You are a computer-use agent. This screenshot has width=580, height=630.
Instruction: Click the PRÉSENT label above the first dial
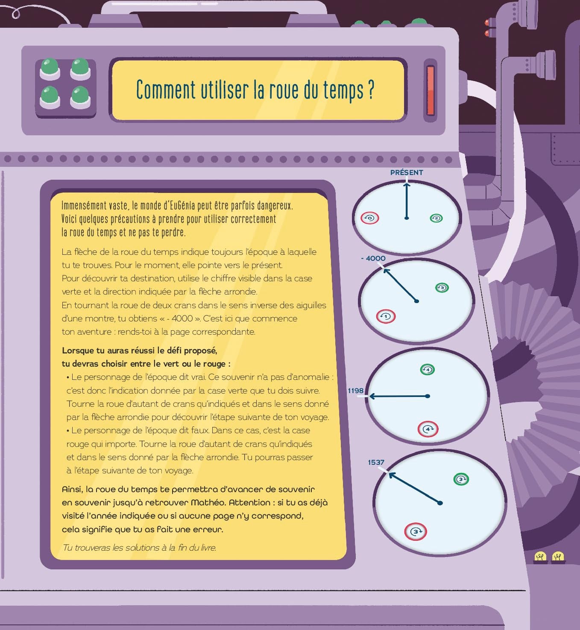pyautogui.click(x=407, y=172)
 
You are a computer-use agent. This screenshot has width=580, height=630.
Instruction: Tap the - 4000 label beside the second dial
pyautogui.click(x=373, y=258)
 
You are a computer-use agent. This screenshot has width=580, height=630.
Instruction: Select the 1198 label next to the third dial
pyautogui.click(x=355, y=391)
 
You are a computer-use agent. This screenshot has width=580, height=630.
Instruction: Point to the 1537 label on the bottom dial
pyautogui.click(x=376, y=462)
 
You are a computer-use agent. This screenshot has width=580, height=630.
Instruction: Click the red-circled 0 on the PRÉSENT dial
pyautogui.click(x=370, y=218)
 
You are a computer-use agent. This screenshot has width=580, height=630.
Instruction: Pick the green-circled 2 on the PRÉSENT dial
pyautogui.click(x=436, y=218)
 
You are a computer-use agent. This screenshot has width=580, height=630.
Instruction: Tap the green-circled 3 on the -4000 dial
pyautogui.click(x=442, y=287)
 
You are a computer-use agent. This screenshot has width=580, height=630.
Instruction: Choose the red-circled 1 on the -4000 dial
pyautogui.click(x=386, y=317)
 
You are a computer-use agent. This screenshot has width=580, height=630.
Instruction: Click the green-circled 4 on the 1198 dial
pyautogui.click(x=427, y=369)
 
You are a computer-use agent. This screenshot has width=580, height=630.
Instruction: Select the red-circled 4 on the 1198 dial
pyautogui.click(x=428, y=429)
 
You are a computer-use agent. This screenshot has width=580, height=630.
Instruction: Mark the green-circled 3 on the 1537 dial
pyautogui.click(x=461, y=479)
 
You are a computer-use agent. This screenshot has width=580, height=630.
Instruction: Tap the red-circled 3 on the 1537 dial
pyautogui.click(x=415, y=532)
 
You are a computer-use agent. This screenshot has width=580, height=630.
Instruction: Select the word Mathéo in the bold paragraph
pyautogui.click(x=208, y=503)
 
